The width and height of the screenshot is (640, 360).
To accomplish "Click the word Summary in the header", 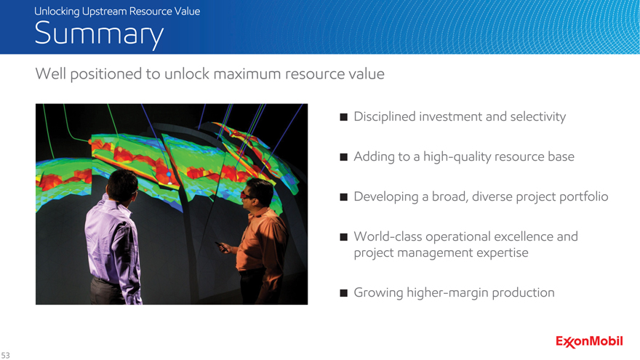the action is (x=99, y=34).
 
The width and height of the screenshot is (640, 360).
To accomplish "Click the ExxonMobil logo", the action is (x=589, y=342).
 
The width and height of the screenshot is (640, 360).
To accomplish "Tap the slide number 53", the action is (x=5, y=355).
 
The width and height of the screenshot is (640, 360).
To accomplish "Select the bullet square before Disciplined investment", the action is (x=344, y=117).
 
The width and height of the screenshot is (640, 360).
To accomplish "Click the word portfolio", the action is (x=584, y=197).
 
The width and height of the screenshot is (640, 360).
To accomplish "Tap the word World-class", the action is (x=388, y=236).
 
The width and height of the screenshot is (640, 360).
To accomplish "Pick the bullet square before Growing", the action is (x=344, y=292).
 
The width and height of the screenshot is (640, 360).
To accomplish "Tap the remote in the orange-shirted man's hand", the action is (x=222, y=247).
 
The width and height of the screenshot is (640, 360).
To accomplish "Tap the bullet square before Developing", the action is (x=344, y=197).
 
